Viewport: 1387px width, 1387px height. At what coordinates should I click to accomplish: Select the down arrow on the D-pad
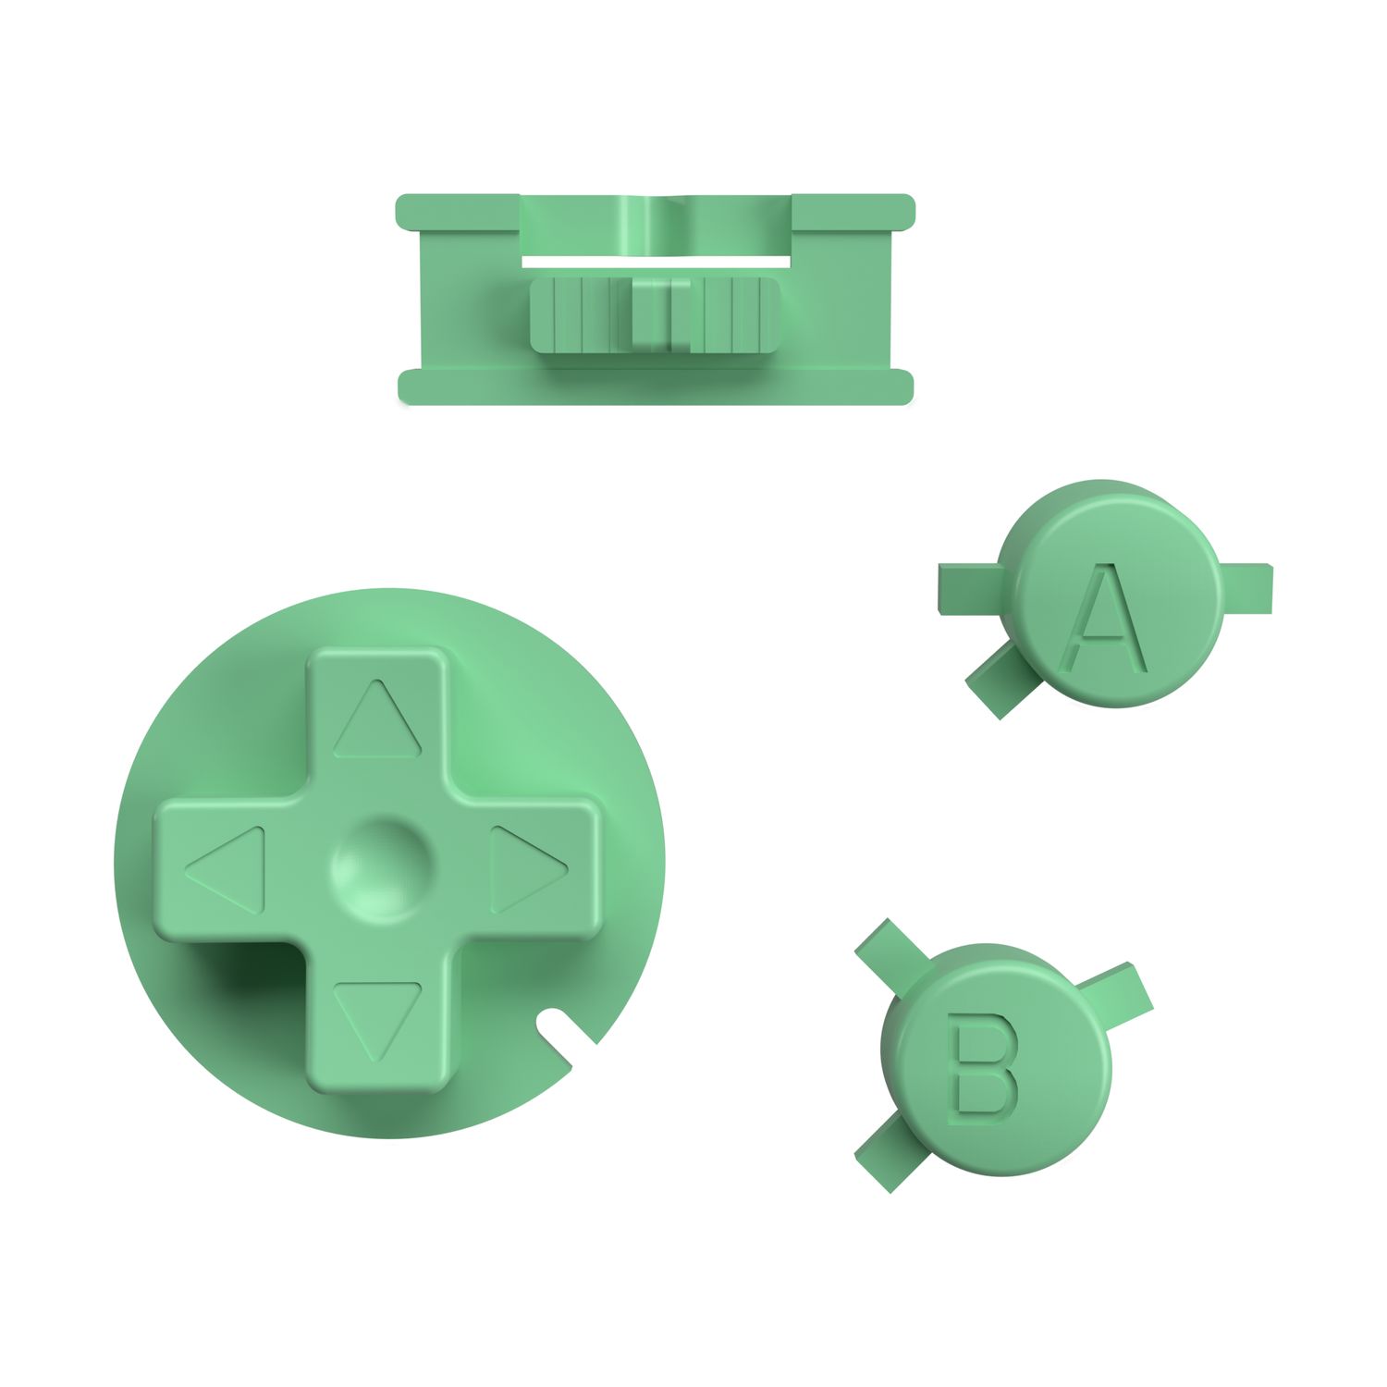point(376,1017)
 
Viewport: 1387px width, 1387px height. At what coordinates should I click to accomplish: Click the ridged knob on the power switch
point(655,314)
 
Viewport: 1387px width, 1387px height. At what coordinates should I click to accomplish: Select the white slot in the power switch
point(656,262)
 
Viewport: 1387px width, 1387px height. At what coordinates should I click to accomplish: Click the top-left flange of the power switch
point(457,211)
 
